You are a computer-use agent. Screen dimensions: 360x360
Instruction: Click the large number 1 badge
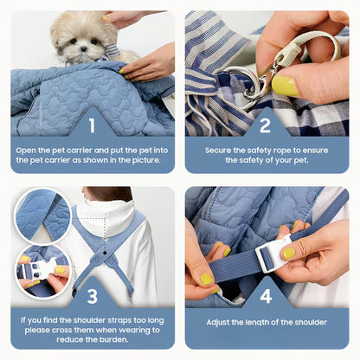click(92, 125)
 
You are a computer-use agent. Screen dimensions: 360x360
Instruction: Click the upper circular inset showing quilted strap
click(42, 216)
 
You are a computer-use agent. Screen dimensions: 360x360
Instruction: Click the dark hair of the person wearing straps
click(110, 195)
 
